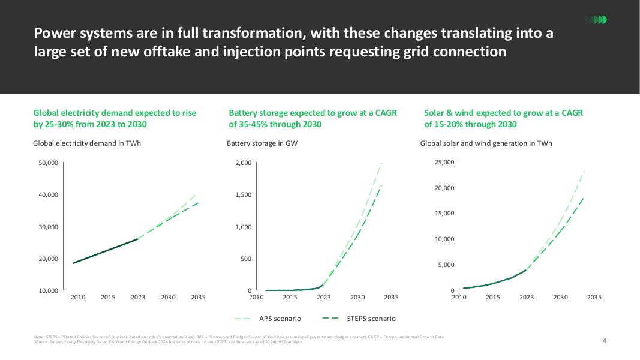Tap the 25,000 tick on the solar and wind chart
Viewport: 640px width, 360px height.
click(x=444, y=163)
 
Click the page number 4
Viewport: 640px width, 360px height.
click(x=605, y=341)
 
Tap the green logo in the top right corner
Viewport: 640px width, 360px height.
click(x=596, y=20)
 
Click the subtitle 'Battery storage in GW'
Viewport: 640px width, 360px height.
click(x=262, y=143)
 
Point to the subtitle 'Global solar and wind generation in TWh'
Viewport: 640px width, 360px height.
click(x=486, y=143)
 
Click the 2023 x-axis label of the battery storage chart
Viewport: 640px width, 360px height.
click(x=323, y=297)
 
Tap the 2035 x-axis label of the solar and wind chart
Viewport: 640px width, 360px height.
click(x=594, y=297)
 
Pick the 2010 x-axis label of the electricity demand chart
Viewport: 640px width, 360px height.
click(x=78, y=297)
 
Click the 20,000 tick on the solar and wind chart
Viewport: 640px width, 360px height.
click(x=444, y=188)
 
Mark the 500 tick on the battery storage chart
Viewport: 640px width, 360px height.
click(x=246, y=259)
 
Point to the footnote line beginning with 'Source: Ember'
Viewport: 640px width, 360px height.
click(x=168, y=342)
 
